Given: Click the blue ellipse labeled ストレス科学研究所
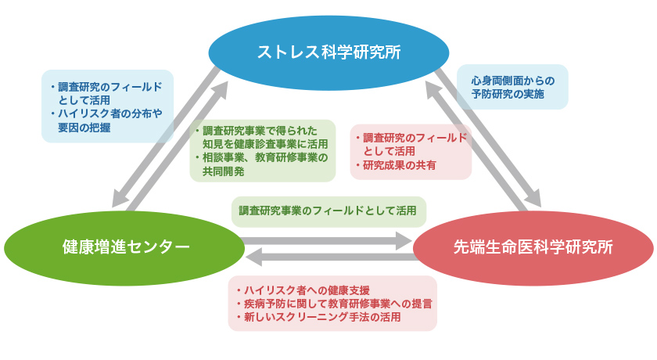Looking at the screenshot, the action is pyautogui.click(x=329, y=52).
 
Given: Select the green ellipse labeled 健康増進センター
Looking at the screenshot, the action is pyautogui.click(x=124, y=248).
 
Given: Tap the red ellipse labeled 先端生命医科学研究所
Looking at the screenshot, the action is pyautogui.click(x=533, y=248).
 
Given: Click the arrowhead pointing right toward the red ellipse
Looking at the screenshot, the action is pyautogui.click(x=404, y=240).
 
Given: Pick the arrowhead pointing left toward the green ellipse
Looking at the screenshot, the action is pyautogui.click(x=254, y=257).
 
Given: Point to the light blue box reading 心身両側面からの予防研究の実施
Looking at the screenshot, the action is pyautogui.click(x=512, y=87).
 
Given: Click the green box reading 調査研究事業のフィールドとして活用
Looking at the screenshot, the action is pyautogui.click(x=329, y=211).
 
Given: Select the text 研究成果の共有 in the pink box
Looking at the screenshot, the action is pyautogui.click(x=400, y=165).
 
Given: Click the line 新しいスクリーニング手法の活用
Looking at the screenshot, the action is pyautogui.click(x=322, y=317).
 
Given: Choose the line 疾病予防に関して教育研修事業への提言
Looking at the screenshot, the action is pyautogui.click(x=338, y=304).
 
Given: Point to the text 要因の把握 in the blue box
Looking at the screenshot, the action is pyautogui.click(x=84, y=128).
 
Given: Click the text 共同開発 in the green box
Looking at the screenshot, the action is pyautogui.click(x=224, y=171).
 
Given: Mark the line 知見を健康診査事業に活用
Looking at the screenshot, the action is pyautogui.click(x=265, y=144).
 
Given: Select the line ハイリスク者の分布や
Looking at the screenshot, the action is pyautogui.click(x=109, y=113).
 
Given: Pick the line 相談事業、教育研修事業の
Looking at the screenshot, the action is pyautogui.click(x=265, y=157).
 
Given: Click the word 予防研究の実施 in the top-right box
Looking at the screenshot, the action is pyautogui.click(x=508, y=94).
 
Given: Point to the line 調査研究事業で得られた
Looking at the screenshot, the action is pyautogui.click(x=260, y=131).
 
